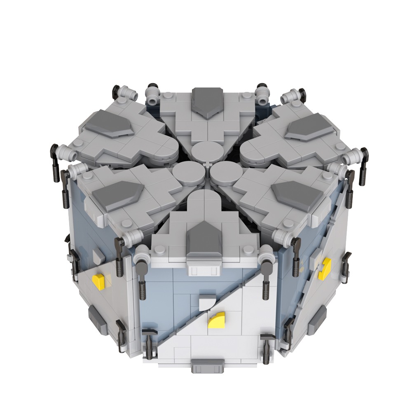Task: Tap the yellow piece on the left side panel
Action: click(99, 281)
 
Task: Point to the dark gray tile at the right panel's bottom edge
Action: click(317, 316)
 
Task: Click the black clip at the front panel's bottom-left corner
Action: click(149, 340)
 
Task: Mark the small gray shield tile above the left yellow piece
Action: click(98, 257)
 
